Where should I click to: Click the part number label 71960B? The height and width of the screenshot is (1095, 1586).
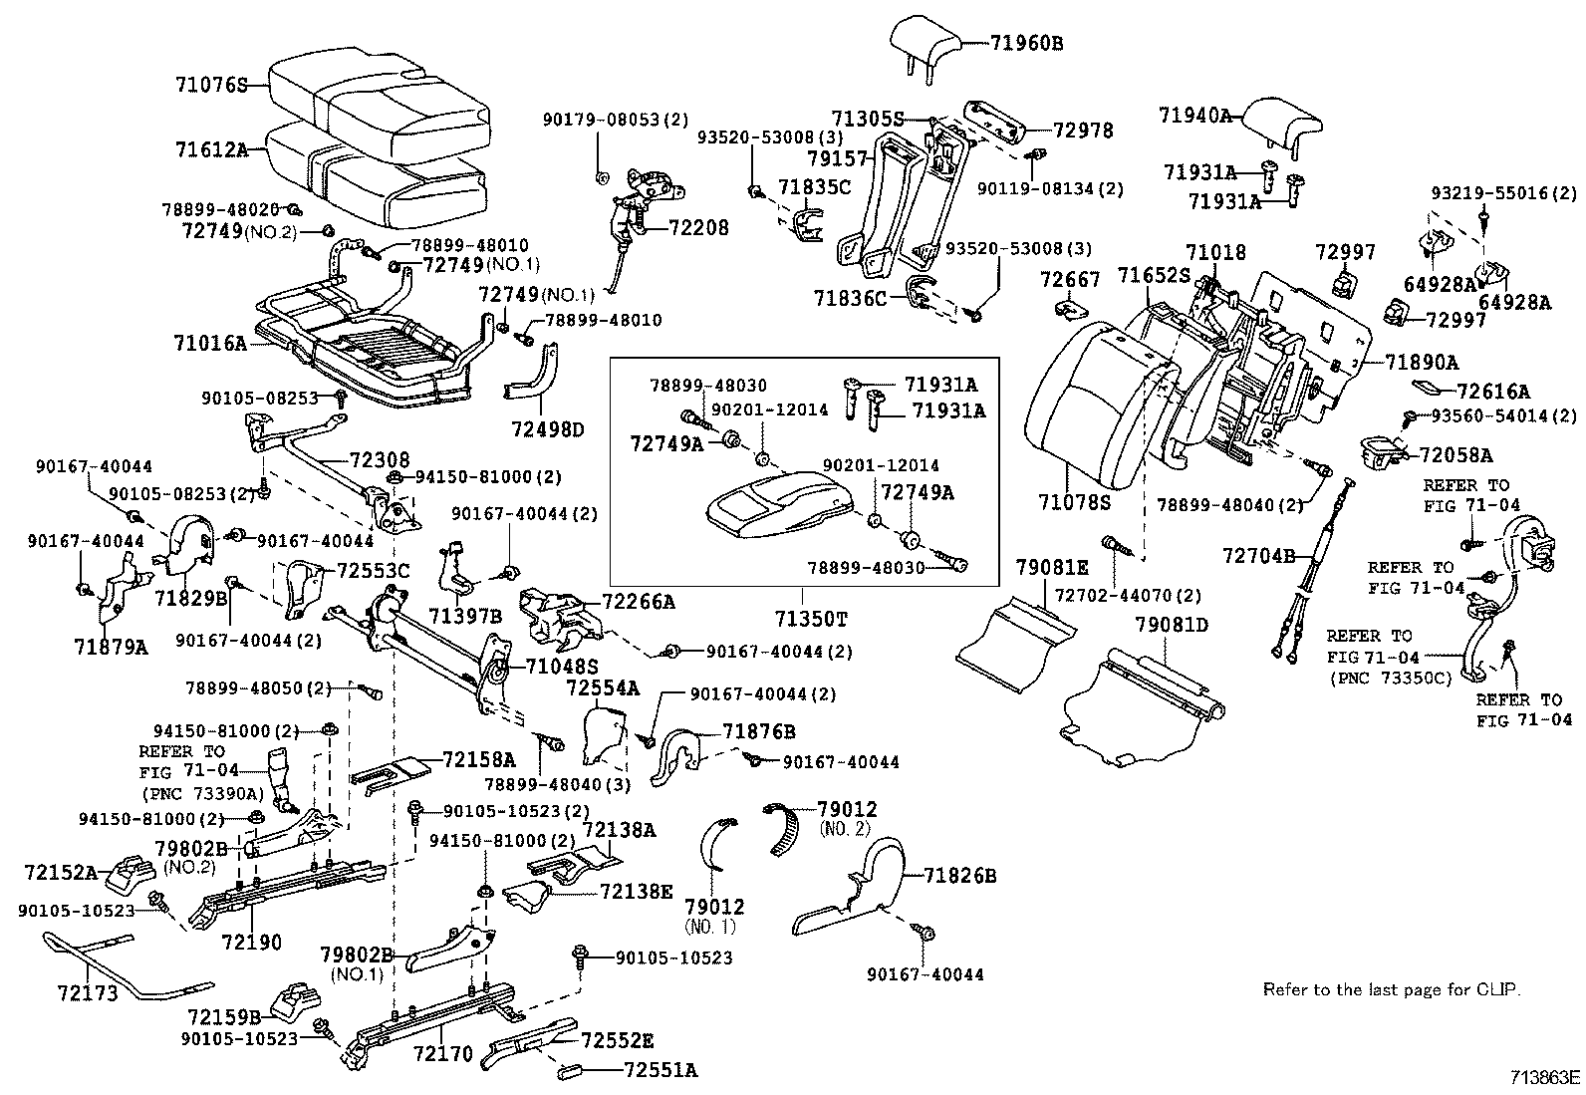[1027, 43]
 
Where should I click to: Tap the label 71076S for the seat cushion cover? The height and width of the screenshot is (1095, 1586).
[210, 86]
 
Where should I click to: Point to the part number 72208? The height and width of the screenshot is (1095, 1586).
[697, 227]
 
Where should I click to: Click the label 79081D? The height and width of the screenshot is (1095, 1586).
[1172, 626]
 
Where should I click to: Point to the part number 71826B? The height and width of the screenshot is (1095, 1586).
[959, 877]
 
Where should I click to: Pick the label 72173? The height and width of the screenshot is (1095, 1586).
[88, 993]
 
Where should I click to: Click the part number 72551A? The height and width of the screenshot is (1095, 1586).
[661, 1071]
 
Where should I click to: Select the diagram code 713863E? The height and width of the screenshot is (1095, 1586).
[1545, 1078]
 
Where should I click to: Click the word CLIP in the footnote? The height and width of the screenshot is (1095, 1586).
[1498, 989]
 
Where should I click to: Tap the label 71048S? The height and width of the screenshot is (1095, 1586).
[562, 666]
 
